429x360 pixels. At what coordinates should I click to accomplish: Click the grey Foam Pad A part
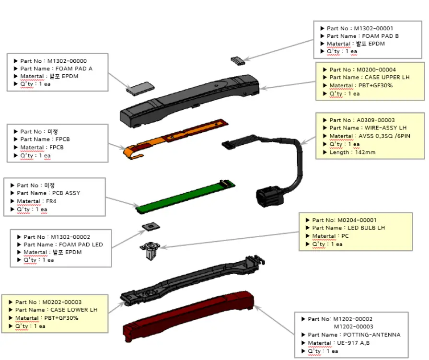(x=140, y=87)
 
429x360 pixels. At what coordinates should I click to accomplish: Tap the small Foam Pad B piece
(x=237, y=60)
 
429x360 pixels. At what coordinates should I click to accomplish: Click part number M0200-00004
(x=375, y=70)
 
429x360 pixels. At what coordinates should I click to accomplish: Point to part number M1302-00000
(x=67, y=61)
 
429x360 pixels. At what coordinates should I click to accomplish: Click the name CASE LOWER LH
(x=74, y=310)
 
